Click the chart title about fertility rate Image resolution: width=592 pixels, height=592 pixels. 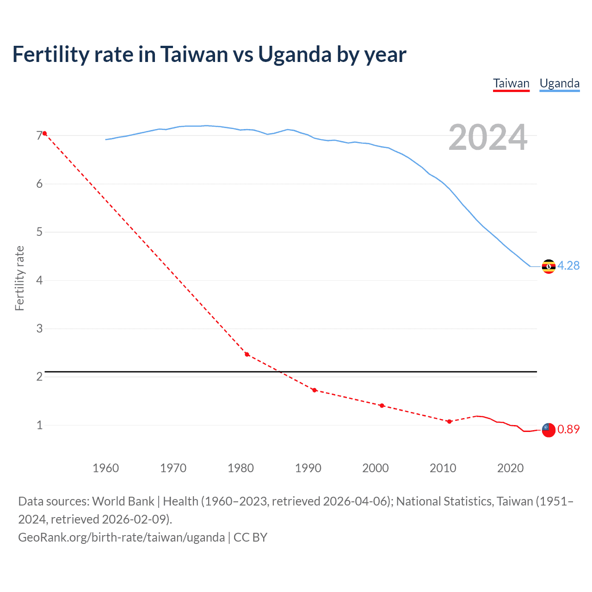(x=209, y=55)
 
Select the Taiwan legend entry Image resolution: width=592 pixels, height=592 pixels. (x=511, y=83)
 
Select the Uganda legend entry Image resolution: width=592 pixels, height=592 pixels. (x=560, y=83)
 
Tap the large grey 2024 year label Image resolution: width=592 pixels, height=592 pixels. (x=488, y=137)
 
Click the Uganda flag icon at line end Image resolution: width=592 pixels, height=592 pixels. (x=549, y=266)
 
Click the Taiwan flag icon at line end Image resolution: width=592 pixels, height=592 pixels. (x=549, y=430)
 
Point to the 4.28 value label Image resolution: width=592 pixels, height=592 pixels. (x=568, y=265)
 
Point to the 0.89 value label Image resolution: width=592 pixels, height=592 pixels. (x=568, y=429)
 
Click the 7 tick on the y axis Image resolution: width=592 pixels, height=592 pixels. (x=39, y=136)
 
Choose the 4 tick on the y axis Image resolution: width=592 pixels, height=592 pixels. (x=39, y=280)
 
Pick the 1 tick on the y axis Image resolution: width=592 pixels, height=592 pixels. (x=39, y=425)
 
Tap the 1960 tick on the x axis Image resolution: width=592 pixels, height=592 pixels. (x=106, y=468)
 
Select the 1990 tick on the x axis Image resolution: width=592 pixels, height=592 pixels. (x=308, y=468)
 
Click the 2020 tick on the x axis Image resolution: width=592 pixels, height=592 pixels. (x=510, y=468)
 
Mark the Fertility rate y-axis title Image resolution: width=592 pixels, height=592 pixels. (x=19, y=278)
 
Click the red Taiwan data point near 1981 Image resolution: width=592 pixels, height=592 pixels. (x=247, y=354)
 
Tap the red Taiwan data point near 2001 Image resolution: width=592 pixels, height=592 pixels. (x=382, y=406)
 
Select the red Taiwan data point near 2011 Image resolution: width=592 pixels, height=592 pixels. (x=449, y=421)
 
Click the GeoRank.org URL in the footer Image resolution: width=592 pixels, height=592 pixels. (x=121, y=537)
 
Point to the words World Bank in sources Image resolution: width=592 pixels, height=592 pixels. (x=123, y=501)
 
